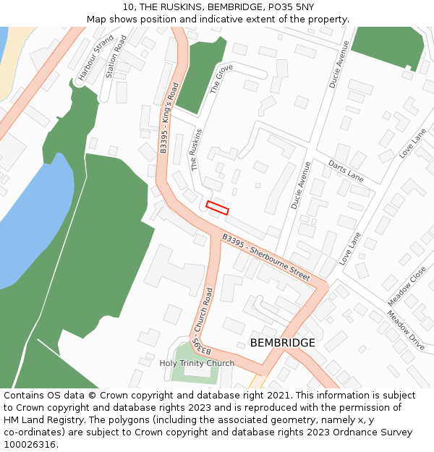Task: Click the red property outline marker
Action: click(x=217, y=208)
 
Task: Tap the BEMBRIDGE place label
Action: click(x=282, y=343)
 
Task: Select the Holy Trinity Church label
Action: click(x=197, y=363)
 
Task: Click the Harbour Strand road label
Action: click(x=96, y=57)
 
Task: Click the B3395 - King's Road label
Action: click(x=169, y=118)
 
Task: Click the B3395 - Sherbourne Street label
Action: click(x=265, y=257)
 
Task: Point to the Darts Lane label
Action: click(x=346, y=171)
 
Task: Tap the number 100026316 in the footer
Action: click(x=30, y=444)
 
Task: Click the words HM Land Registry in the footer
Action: click(x=37, y=419)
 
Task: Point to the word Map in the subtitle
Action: click(x=97, y=19)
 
